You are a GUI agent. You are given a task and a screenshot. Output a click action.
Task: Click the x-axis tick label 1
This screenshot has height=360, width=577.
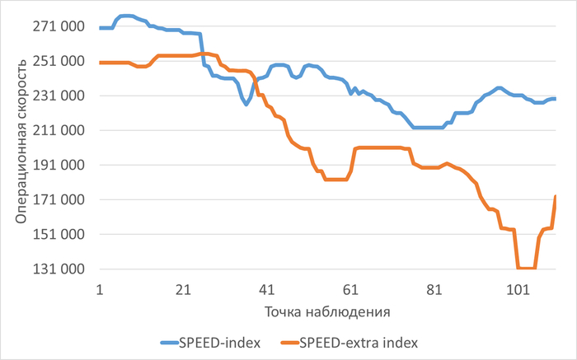click(99, 290)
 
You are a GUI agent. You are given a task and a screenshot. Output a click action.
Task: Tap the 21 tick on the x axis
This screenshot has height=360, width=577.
click(183, 290)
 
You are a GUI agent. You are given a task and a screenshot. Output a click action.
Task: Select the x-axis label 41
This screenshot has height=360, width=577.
click(266, 290)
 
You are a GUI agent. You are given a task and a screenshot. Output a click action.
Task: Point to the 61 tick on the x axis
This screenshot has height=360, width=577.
click(350, 290)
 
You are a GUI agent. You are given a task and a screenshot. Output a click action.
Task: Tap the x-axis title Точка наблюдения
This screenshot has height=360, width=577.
click(326, 313)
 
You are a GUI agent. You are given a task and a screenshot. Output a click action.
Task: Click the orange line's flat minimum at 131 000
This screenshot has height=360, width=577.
click(527, 268)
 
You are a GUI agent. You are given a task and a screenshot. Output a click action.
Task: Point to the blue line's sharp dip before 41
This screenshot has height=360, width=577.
click(246, 104)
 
